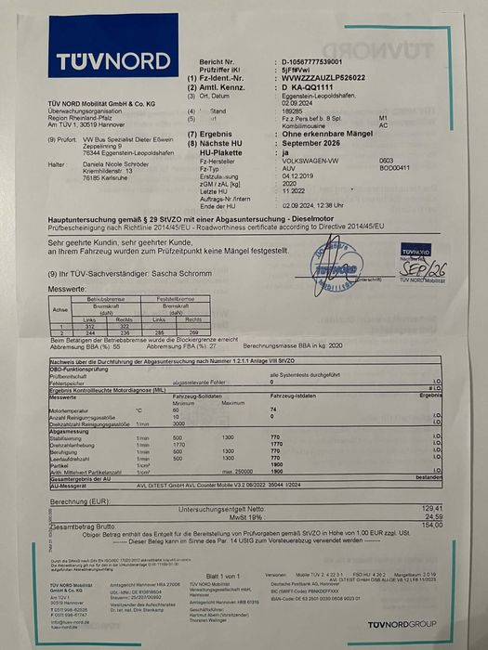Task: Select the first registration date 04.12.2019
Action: click(x=299, y=177)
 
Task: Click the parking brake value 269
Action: click(x=194, y=332)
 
